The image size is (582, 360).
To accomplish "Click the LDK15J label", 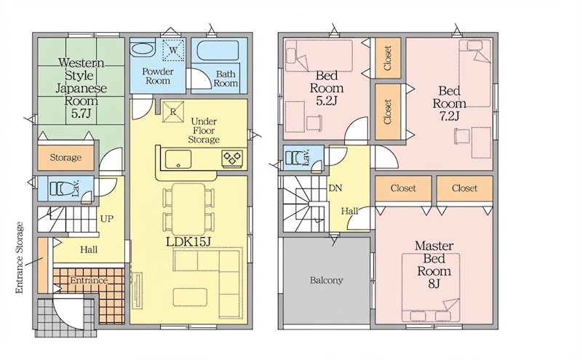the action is coord(188,241).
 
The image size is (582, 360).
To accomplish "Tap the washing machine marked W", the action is coord(173,49).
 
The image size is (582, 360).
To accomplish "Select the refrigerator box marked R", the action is coord(173,112).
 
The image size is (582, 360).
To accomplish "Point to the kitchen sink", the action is coord(178,159).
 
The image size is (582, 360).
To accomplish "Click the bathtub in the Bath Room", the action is coord(218,50).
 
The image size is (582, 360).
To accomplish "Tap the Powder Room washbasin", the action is coord(143,49).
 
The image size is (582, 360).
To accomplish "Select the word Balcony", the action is coord(327,280).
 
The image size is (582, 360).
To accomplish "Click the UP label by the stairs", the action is coord(107,219).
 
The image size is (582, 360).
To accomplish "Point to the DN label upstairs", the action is coord(335,188).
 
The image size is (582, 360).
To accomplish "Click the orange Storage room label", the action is coord(65,157).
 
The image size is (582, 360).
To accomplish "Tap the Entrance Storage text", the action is coord(20,258).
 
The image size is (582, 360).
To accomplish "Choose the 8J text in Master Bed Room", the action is coord(434,284).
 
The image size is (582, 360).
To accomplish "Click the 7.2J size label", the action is coord(449,116).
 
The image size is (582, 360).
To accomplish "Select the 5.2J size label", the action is coord(327,101).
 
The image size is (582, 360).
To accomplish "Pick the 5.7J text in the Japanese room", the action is coord(81,113).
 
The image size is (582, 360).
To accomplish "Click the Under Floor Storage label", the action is coord(204,131).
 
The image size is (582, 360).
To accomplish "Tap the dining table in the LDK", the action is coord(188,209).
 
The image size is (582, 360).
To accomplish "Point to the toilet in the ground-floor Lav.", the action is coord(61,188).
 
